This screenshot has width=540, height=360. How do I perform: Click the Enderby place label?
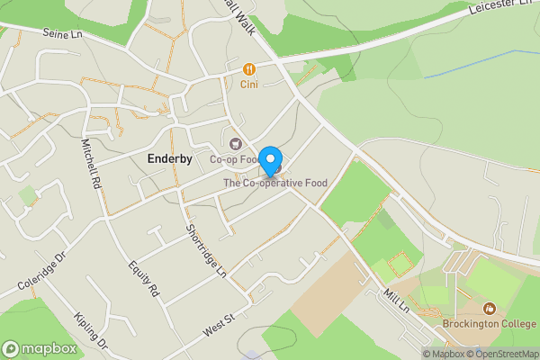point(169,157)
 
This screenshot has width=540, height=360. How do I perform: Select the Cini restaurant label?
point(249,85)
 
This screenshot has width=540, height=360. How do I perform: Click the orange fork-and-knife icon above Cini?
point(249,68)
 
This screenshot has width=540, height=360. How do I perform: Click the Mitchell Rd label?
point(91,163)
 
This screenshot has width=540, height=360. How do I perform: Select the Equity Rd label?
point(143,278)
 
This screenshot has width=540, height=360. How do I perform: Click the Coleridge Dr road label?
point(42,271)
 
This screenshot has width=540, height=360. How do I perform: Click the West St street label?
point(218,325)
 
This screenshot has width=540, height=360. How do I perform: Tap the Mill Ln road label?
point(396,300)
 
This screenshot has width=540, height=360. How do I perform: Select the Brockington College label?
point(490,324)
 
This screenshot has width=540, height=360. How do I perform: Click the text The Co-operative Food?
point(275,183)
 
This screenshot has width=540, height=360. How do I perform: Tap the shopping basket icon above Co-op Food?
point(237,144)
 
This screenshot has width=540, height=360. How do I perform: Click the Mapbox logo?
point(40,348)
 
